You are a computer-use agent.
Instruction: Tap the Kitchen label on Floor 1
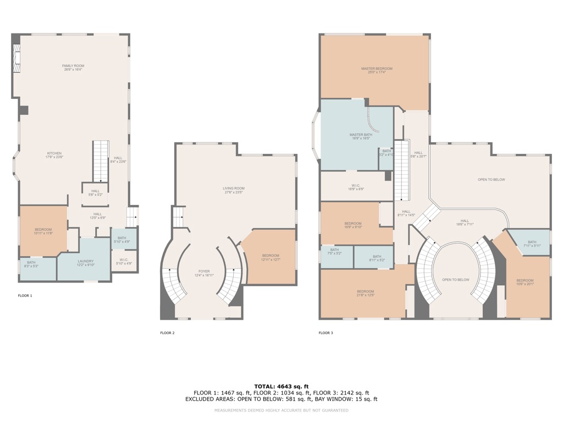[54, 156]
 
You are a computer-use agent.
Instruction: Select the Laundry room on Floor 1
[85, 263]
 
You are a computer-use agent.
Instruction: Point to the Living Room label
[234, 190]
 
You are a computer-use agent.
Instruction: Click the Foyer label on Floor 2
[204, 273]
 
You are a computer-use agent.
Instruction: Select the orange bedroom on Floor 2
[271, 257]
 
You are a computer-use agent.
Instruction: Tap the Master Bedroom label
[373, 70]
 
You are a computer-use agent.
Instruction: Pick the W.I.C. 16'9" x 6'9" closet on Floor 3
[356, 187]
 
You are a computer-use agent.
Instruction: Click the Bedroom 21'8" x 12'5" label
[365, 293]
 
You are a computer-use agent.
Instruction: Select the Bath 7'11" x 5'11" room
[531, 243]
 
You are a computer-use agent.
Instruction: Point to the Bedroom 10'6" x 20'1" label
[525, 282]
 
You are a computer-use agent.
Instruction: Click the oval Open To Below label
[455, 280]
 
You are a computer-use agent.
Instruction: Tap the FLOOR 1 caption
[25, 296]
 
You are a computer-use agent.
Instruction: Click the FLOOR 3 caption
[325, 333]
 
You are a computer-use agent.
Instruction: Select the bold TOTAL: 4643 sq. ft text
[281, 386]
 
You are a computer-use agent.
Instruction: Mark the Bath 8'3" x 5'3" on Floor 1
[31, 264]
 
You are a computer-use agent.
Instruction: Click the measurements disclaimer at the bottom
[281, 410]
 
